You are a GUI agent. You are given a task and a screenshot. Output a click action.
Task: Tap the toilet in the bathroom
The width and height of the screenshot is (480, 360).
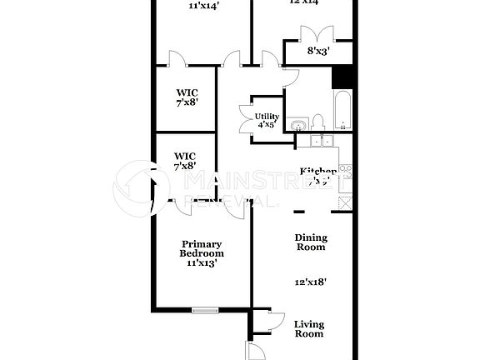click(x=344, y=124)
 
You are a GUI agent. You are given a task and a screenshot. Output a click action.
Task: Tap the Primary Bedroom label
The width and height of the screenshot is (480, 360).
click(x=202, y=248)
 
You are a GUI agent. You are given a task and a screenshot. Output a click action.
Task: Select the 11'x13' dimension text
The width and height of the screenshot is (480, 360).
click(x=202, y=262)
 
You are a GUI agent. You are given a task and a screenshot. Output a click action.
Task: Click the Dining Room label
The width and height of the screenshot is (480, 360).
click(x=311, y=242)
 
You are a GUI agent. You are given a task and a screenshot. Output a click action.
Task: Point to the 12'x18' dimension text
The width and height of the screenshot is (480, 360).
click(x=310, y=282)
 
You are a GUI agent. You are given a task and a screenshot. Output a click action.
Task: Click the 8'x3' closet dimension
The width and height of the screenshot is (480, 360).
click(x=318, y=51)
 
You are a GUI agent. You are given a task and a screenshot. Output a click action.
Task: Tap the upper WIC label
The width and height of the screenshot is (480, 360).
click(x=185, y=97)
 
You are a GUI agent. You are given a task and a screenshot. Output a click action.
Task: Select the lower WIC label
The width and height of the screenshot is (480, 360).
click(x=185, y=160)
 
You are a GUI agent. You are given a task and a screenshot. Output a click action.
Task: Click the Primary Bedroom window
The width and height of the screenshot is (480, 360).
click(x=205, y=310)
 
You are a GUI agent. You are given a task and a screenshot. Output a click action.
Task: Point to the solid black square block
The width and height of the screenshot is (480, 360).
click(x=343, y=76)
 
